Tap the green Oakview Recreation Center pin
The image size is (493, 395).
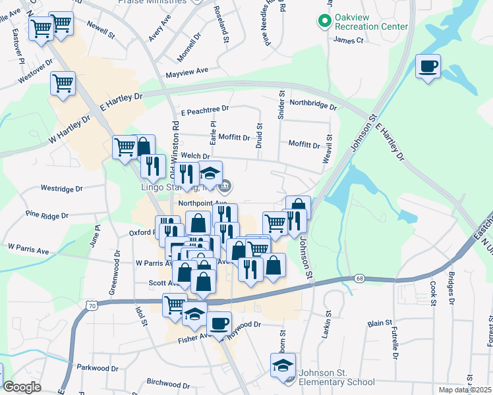(324, 21)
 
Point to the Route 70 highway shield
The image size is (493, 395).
(92, 305)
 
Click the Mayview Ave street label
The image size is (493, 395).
(187, 71)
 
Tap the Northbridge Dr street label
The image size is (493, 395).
(313, 104)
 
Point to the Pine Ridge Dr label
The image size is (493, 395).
(47, 215)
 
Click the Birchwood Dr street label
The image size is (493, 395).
(168, 383)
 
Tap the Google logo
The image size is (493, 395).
(22, 387)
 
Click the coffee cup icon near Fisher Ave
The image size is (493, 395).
(219, 323)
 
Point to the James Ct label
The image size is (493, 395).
(349, 40)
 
